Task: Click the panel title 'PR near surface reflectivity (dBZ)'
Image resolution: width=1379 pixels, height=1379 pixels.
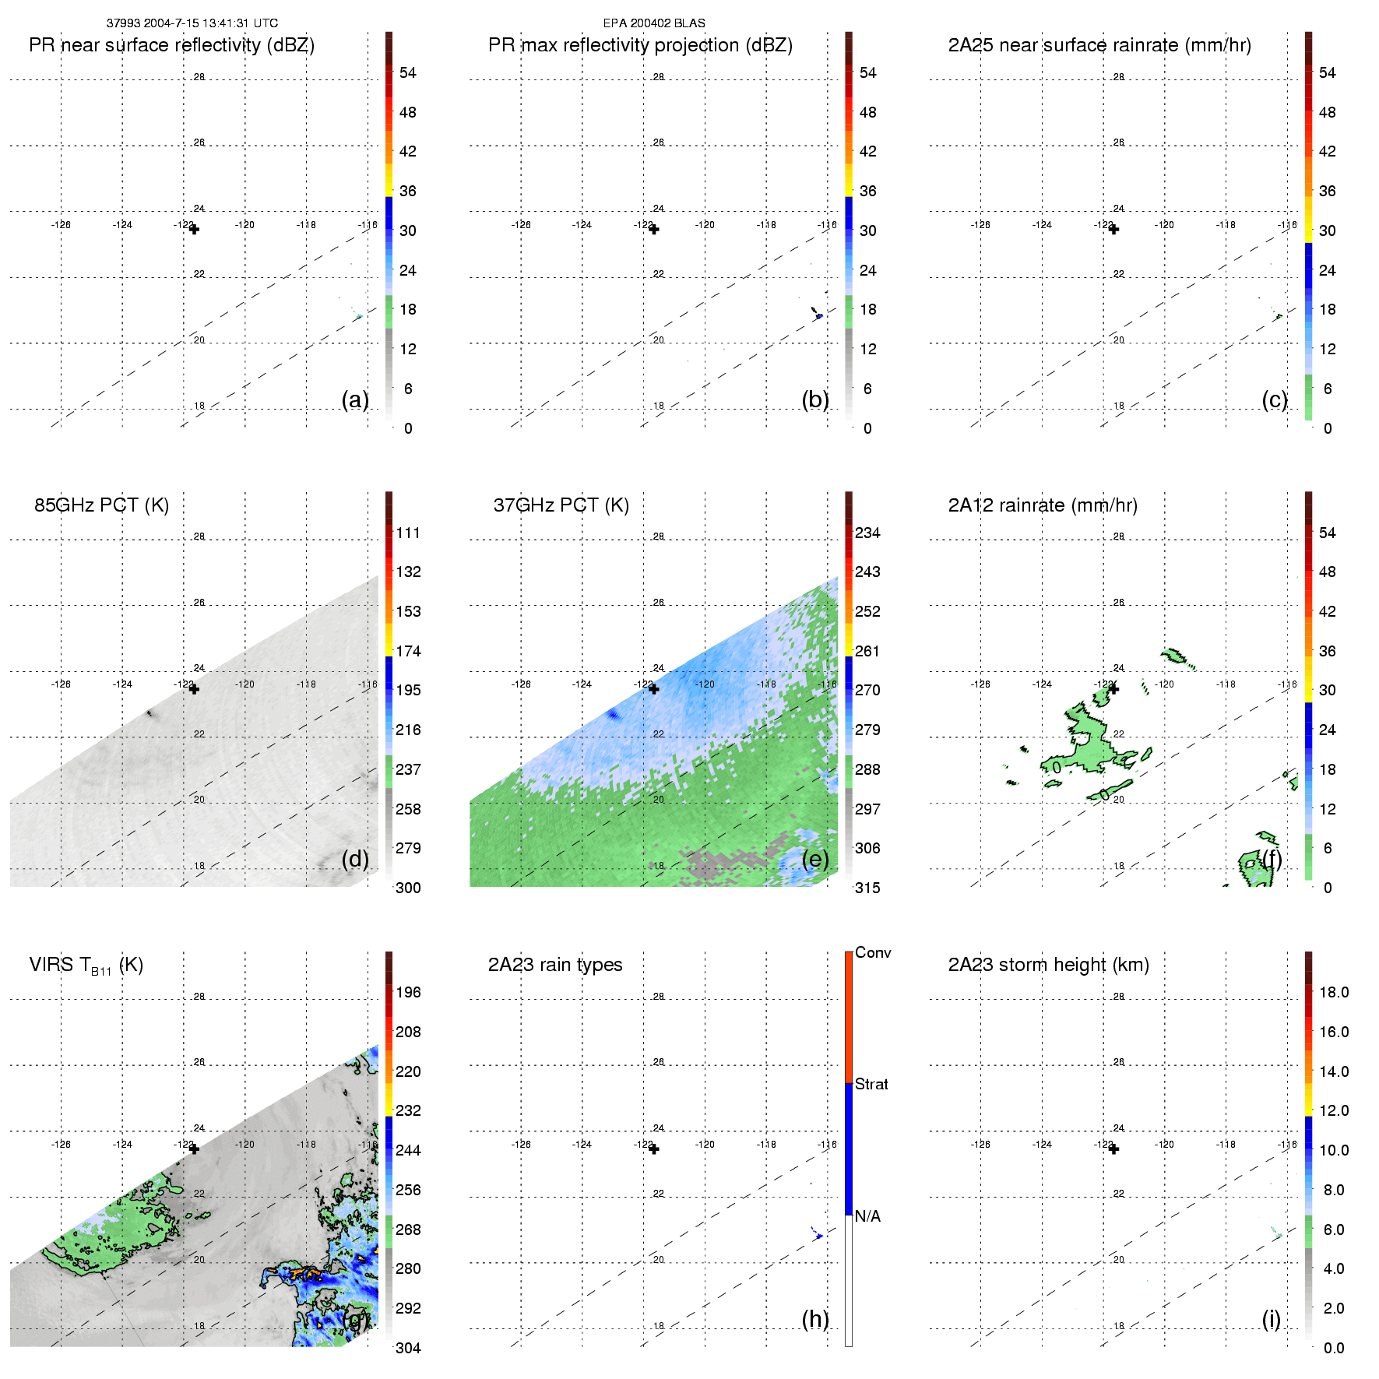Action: (x=171, y=45)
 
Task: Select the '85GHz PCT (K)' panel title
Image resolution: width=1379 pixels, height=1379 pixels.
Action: (x=101, y=505)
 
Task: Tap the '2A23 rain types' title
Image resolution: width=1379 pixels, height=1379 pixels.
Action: (x=554, y=965)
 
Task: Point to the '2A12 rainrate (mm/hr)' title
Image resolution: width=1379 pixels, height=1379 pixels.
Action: (x=1042, y=505)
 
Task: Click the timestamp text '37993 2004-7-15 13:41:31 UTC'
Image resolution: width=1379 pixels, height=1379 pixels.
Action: (x=192, y=23)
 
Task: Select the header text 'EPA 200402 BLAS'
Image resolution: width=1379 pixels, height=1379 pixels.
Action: (x=654, y=23)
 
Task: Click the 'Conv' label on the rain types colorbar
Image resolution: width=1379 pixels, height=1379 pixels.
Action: (x=872, y=952)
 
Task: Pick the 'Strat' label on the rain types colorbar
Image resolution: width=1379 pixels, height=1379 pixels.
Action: (x=871, y=1084)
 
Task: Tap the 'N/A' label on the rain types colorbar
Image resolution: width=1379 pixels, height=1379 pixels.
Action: (x=867, y=1216)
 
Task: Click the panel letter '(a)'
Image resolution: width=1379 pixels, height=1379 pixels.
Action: (x=355, y=399)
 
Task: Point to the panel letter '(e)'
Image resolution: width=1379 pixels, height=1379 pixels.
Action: (x=815, y=859)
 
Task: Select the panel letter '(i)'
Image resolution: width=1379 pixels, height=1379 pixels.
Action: (x=1271, y=1319)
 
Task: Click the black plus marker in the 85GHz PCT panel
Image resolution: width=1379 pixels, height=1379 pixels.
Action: (x=194, y=689)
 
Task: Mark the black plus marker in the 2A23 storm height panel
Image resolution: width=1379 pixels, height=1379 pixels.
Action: (x=1113, y=1149)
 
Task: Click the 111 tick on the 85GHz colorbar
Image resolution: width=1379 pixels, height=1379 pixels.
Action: (x=408, y=533)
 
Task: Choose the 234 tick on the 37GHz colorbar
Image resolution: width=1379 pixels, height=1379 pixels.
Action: (x=867, y=533)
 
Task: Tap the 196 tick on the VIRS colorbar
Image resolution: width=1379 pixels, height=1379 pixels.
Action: (x=408, y=993)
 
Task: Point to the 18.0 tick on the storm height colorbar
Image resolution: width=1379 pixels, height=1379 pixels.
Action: (x=1333, y=993)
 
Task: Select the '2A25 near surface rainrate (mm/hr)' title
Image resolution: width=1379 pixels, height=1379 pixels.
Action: (x=1099, y=45)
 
